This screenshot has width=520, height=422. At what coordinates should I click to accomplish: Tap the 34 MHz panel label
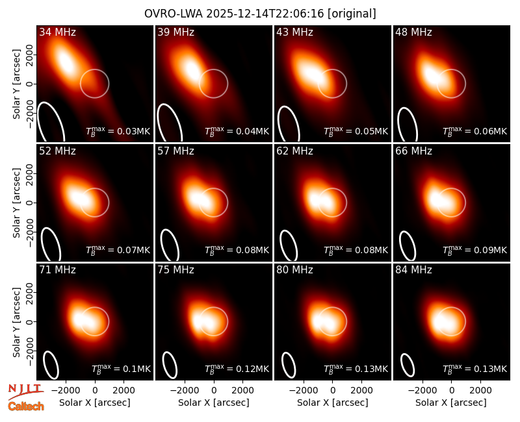(57, 32)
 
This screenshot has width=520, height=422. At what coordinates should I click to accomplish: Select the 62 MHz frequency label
(295, 151)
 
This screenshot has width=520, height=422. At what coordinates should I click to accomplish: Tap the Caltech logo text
(26, 406)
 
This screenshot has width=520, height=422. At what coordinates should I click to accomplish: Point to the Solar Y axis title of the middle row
(16, 203)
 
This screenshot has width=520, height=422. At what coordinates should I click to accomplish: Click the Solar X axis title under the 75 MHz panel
(214, 403)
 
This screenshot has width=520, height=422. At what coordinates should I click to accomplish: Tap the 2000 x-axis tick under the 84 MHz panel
(480, 390)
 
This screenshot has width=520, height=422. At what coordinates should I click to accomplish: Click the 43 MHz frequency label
(295, 32)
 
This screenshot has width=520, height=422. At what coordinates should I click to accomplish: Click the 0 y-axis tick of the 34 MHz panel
(30, 84)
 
